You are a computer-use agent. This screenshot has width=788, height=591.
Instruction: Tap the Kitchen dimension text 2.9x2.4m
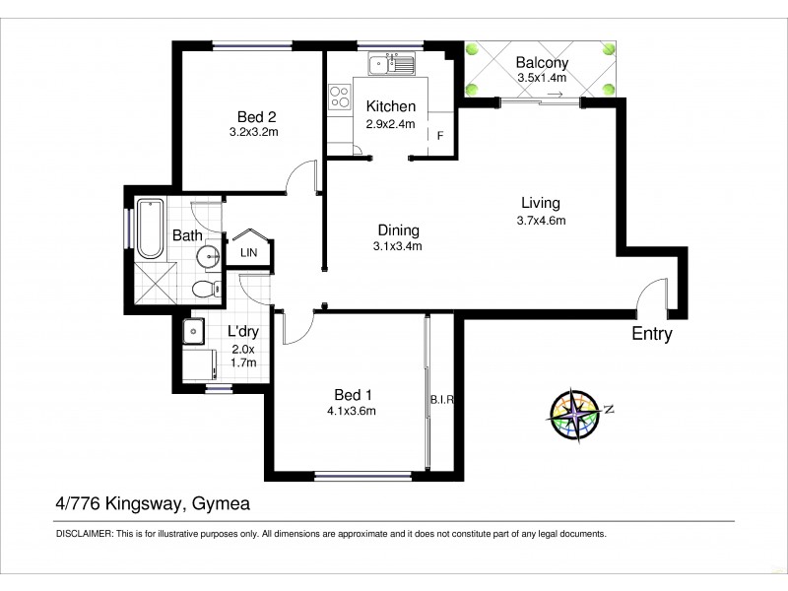(x=391, y=124)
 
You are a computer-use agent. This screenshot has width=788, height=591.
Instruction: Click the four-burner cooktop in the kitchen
(x=340, y=97)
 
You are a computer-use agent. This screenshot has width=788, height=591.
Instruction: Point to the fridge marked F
(x=440, y=136)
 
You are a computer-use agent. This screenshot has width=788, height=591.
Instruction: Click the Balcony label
(x=542, y=64)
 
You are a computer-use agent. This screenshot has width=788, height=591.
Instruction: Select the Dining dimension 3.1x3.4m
(x=398, y=246)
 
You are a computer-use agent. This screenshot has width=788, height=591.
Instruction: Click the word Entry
(x=652, y=334)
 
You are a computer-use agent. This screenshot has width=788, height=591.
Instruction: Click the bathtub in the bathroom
(x=150, y=229)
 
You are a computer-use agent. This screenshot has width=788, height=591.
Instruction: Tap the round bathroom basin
(x=208, y=258)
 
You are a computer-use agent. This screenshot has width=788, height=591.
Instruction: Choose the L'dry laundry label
(x=242, y=332)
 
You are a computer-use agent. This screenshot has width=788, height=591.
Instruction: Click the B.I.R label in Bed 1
(x=440, y=400)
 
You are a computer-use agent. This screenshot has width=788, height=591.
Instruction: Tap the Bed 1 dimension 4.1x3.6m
(x=353, y=411)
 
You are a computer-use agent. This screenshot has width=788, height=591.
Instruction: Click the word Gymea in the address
(x=221, y=503)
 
